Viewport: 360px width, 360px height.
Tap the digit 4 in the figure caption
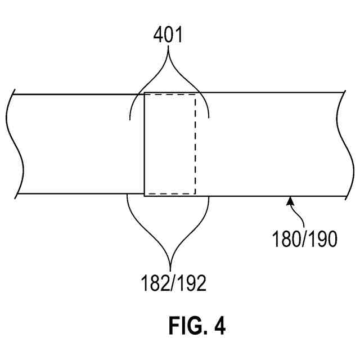coord(219,326)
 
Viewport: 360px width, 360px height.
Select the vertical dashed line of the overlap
coord(196,143)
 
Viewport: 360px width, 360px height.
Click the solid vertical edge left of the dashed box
coord(145,143)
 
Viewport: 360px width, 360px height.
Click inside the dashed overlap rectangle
coord(170,143)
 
